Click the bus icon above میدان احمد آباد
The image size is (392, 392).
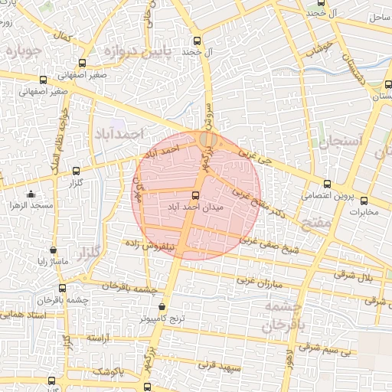196,195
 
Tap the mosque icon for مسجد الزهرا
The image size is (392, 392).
31,194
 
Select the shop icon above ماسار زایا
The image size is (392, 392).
52,250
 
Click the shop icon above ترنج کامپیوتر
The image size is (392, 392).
160,306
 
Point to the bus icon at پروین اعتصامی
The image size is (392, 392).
327,184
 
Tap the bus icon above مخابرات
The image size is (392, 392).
364,200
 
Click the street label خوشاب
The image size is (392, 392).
316,51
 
